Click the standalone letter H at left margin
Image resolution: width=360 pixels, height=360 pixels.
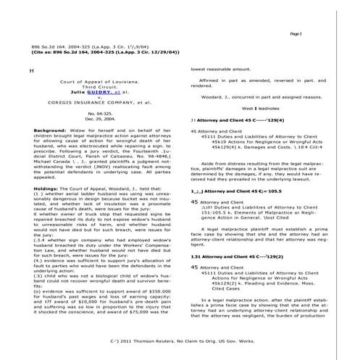pyautogui.click(x=31, y=71)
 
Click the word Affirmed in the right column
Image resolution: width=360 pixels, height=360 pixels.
pyautogui.click(x=210, y=80)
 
